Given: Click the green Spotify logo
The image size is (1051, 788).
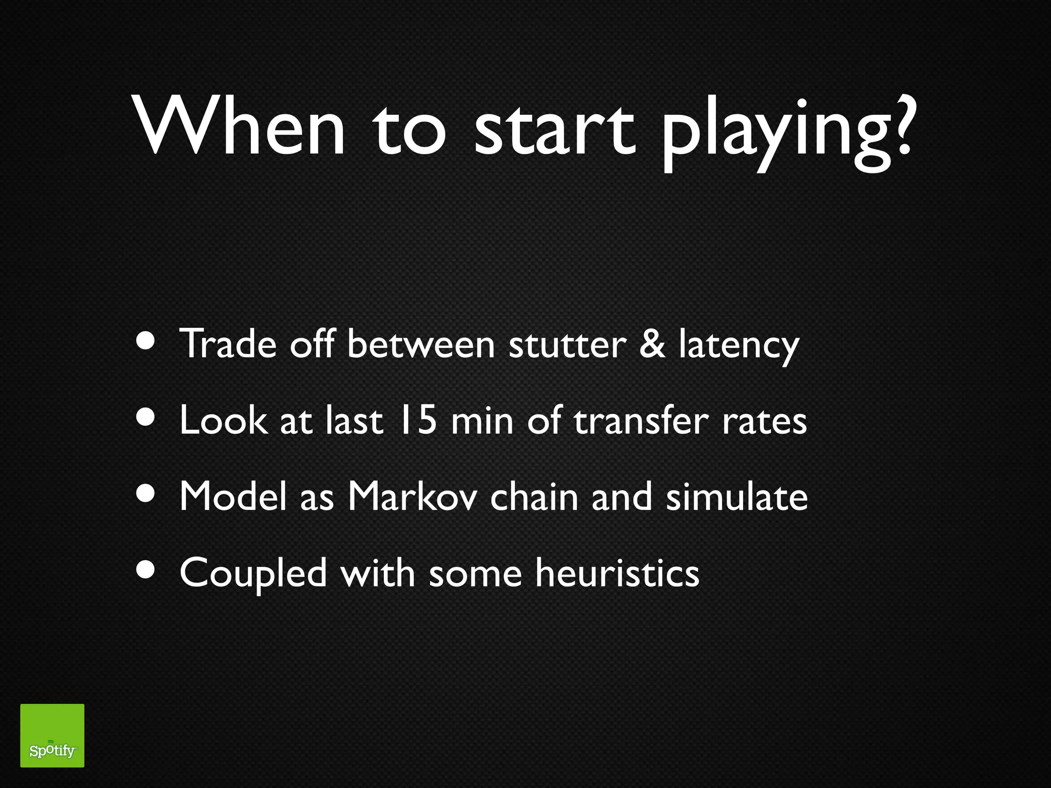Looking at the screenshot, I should (52, 735).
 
